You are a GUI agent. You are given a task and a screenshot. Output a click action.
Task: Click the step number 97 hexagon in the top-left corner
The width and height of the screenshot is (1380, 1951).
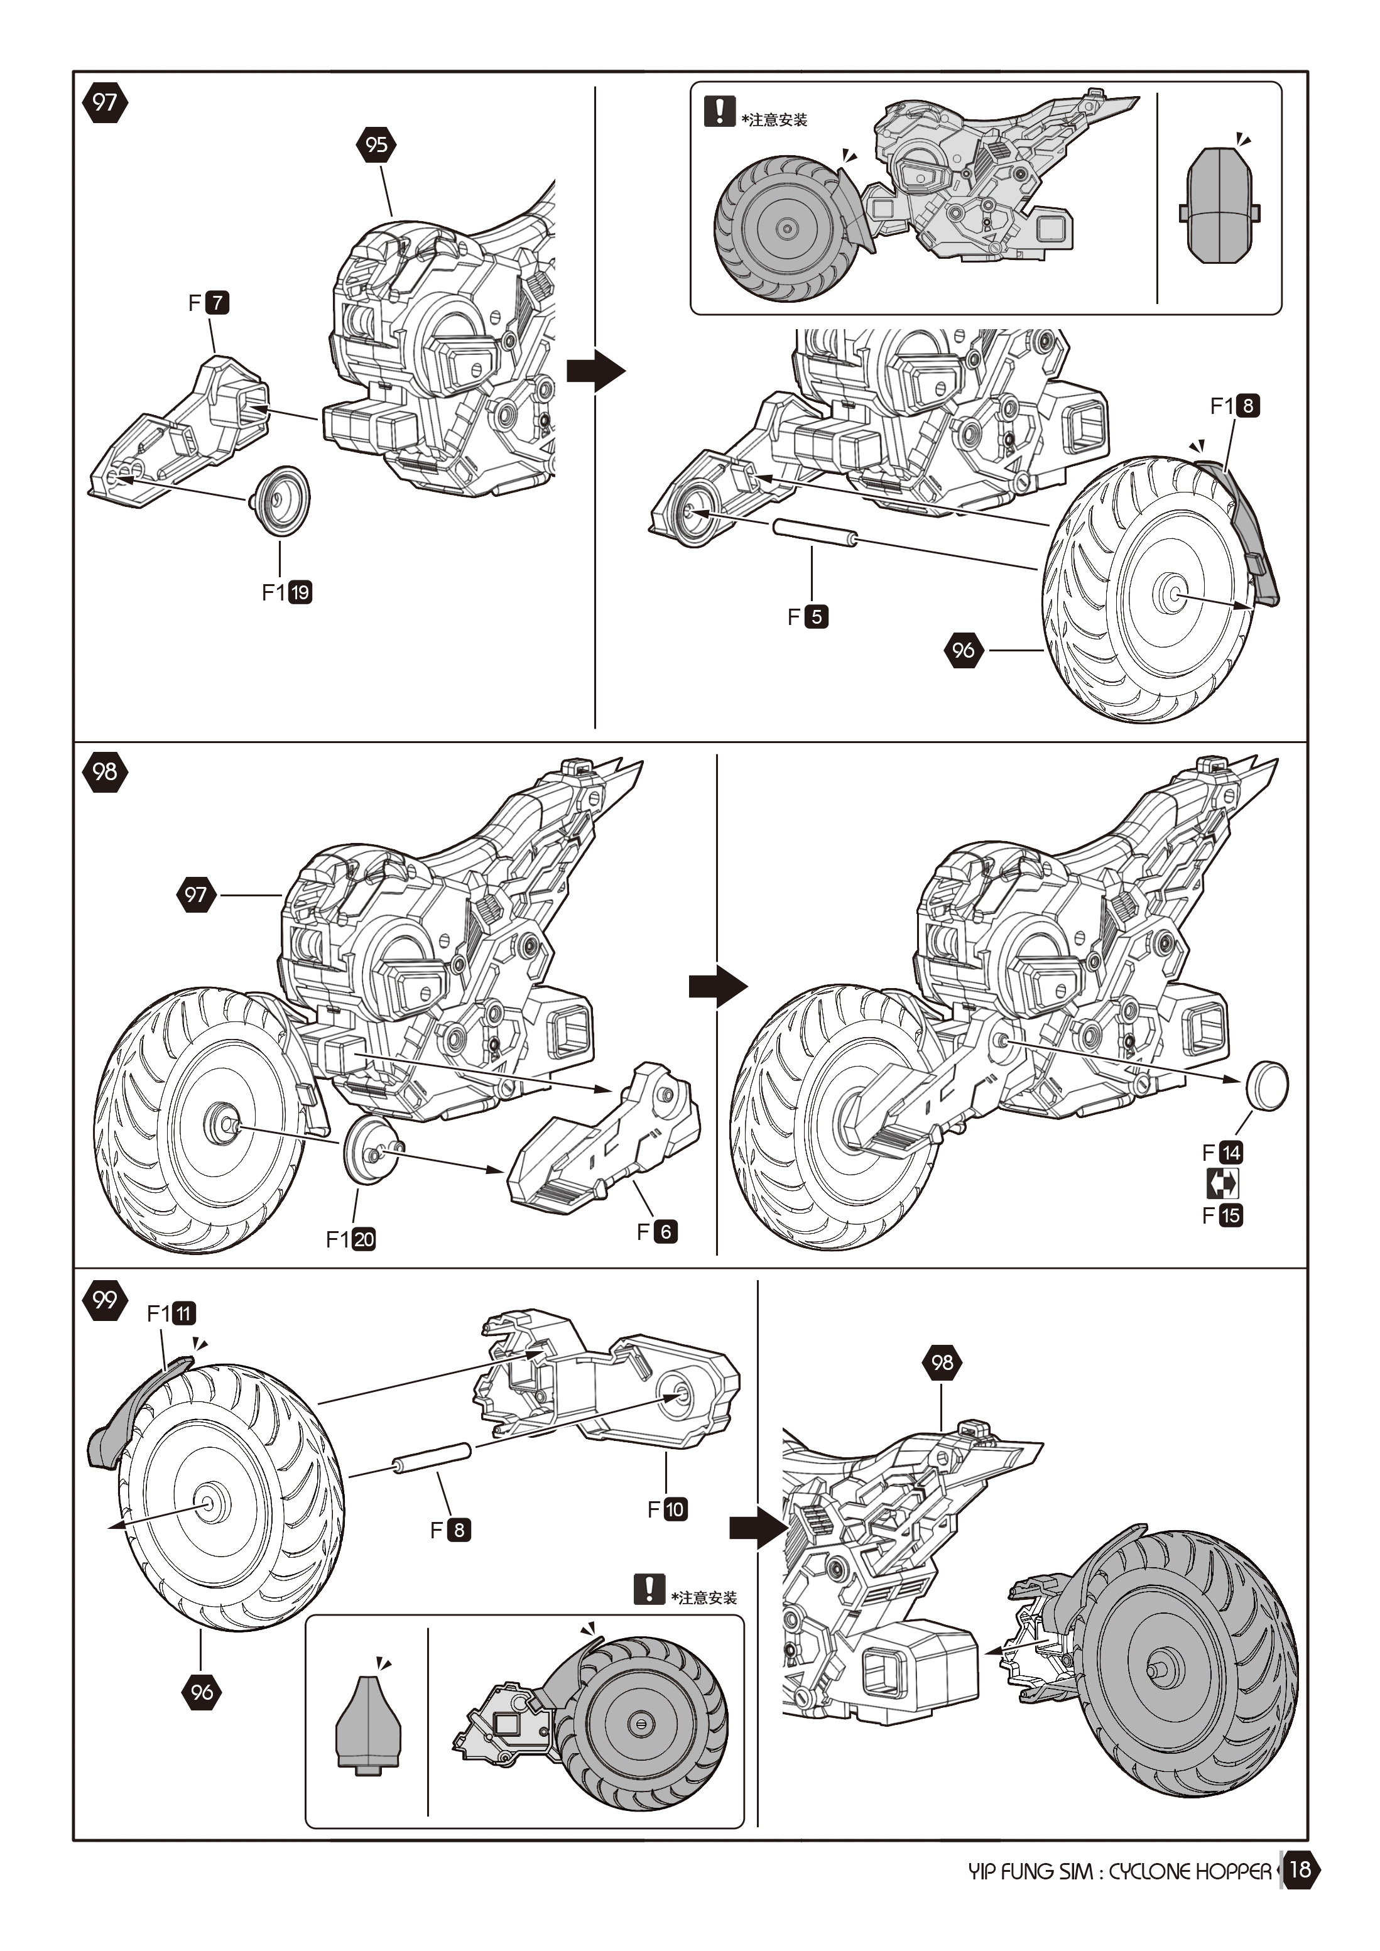click(x=104, y=103)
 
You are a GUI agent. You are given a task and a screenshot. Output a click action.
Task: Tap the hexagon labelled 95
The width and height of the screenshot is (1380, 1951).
click(x=376, y=144)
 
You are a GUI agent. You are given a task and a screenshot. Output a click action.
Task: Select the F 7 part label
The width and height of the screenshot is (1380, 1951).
click(x=209, y=303)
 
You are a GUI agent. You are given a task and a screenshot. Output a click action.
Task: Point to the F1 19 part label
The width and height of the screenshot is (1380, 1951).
click(x=286, y=592)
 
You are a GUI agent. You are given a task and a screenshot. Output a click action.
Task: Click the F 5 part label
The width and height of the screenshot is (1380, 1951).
click(x=807, y=616)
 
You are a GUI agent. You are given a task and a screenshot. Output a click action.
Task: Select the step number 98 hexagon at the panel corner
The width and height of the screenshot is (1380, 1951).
click(x=104, y=771)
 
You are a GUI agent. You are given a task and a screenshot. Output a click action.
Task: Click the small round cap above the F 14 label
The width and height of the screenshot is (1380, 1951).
click(x=1266, y=1084)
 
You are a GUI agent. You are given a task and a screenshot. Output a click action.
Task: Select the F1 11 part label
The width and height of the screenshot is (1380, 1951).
click(x=171, y=1313)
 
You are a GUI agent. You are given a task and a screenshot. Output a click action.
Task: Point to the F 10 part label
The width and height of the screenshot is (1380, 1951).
click(x=667, y=1509)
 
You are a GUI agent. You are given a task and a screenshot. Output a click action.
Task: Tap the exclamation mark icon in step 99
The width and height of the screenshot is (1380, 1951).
click(x=648, y=1589)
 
